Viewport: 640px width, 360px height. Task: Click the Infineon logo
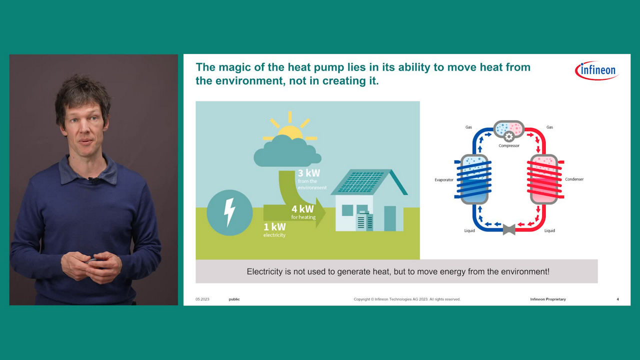(x=596, y=70)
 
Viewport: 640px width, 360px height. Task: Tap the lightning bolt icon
(x=229, y=212)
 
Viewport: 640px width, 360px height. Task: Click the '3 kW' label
(x=309, y=173)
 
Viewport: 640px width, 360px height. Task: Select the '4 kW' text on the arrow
(x=302, y=209)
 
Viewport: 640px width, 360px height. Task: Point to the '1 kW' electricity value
(x=274, y=227)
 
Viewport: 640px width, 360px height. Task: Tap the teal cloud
(x=287, y=150)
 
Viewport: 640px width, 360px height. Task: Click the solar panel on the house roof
(x=361, y=181)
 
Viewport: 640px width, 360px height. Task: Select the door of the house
(x=389, y=218)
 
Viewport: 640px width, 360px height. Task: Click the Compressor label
(x=509, y=145)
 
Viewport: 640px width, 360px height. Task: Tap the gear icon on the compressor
(x=508, y=137)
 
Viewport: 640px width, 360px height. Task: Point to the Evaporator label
(x=444, y=179)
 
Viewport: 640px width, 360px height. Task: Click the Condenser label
(x=574, y=179)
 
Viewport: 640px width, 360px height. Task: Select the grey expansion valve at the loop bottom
(x=509, y=229)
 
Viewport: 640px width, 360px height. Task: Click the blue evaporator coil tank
(x=473, y=179)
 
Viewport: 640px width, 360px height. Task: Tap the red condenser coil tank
(x=545, y=179)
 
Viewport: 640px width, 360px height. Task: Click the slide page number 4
(x=617, y=299)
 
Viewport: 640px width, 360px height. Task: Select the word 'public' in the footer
(x=234, y=299)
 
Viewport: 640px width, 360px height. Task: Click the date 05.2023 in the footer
(x=202, y=299)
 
